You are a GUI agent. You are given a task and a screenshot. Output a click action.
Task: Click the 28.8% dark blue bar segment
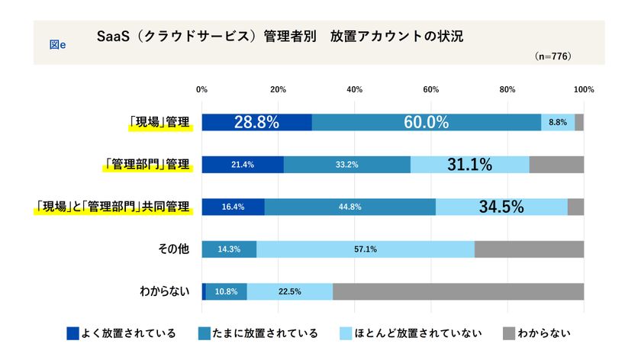click(256, 122)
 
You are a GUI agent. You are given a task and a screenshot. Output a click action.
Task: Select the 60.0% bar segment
click(426, 122)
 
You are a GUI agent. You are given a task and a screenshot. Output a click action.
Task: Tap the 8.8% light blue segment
click(558, 122)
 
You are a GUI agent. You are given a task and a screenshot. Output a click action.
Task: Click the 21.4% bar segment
click(242, 164)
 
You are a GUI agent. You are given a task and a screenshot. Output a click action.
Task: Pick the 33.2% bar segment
click(346, 164)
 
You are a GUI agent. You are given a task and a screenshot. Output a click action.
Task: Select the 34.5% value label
click(501, 207)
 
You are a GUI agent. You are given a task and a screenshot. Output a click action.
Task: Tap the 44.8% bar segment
click(349, 207)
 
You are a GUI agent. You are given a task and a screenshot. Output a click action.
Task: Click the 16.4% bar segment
click(233, 207)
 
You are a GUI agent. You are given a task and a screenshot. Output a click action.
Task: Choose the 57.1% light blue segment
click(365, 249)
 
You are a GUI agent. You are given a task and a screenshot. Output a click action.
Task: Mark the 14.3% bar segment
click(229, 249)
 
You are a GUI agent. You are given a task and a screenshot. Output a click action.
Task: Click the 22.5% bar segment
click(289, 291)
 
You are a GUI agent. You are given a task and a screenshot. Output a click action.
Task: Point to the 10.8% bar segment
click(226, 291)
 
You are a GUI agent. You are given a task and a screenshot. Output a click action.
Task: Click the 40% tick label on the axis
click(354, 90)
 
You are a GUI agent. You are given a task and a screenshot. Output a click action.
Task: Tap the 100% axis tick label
click(584, 90)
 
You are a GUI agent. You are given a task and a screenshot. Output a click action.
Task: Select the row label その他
click(176, 249)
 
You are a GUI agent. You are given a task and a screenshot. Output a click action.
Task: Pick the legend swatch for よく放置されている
click(73, 333)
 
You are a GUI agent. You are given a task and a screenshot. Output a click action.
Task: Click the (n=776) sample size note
click(553, 56)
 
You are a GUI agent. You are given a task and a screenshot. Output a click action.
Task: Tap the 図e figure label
click(57, 44)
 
